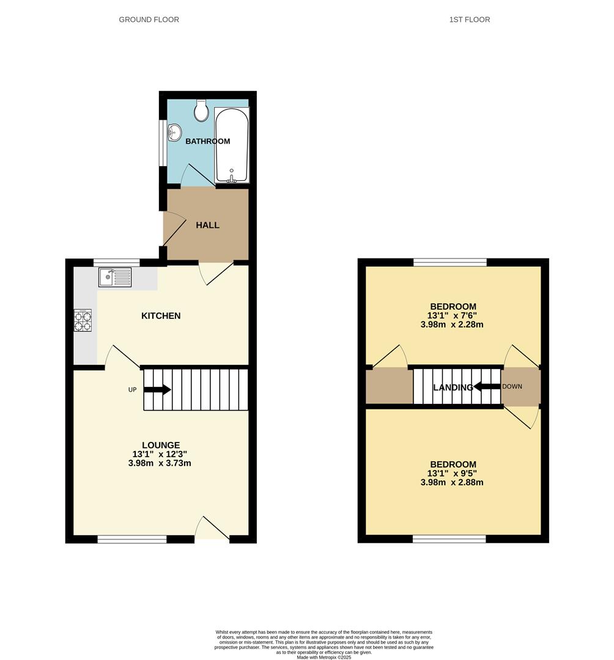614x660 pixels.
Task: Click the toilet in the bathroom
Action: click(x=201, y=110)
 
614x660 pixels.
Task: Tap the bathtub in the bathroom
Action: click(x=232, y=145)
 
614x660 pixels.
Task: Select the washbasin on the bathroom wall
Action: click(x=174, y=131)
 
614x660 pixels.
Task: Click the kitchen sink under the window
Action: click(x=114, y=278)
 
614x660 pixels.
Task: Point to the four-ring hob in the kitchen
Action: click(x=83, y=321)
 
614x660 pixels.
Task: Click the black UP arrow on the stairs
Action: click(x=157, y=389)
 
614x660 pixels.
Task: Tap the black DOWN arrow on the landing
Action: click(x=486, y=386)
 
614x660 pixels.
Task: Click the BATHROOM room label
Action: click(x=208, y=141)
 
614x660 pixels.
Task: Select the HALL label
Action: click(x=207, y=225)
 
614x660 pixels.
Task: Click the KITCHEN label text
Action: click(x=161, y=316)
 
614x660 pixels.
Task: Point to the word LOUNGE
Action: click(x=161, y=445)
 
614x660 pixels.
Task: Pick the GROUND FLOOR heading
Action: click(x=149, y=20)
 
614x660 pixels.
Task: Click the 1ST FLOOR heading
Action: click(x=469, y=20)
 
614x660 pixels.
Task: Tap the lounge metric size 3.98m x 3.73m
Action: click(x=161, y=463)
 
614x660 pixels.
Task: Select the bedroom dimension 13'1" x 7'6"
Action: click(x=453, y=315)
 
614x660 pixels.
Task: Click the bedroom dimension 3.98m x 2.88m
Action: click(x=453, y=482)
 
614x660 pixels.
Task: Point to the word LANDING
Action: click(x=453, y=387)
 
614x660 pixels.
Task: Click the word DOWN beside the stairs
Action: click(x=512, y=386)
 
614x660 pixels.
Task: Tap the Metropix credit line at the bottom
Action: click(x=324, y=657)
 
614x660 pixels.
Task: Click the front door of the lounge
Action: click(x=212, y=529)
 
